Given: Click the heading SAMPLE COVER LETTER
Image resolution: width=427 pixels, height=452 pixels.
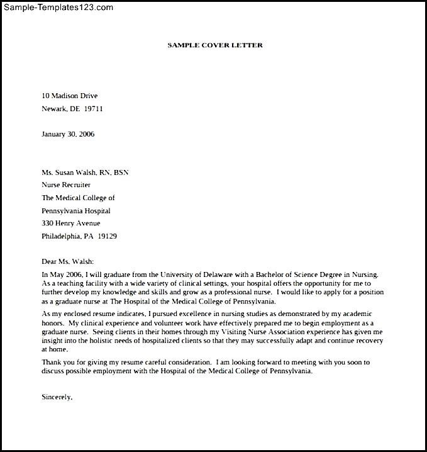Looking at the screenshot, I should tap(215, 45).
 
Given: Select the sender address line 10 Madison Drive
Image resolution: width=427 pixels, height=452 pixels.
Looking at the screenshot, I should tap(69, 96).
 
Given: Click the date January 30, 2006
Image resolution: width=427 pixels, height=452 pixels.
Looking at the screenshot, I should tap(68, 134).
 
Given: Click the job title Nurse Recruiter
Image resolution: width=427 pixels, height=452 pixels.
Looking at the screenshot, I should tap(66, 185).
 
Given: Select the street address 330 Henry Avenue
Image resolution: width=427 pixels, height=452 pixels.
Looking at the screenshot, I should tap(70, 223).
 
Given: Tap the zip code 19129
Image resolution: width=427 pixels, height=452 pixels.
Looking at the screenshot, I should tap(106, 236).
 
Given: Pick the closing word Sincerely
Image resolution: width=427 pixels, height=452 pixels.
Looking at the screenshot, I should tap(57, 397).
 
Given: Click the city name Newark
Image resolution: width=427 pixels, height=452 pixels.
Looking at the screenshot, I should tap(54, 108).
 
